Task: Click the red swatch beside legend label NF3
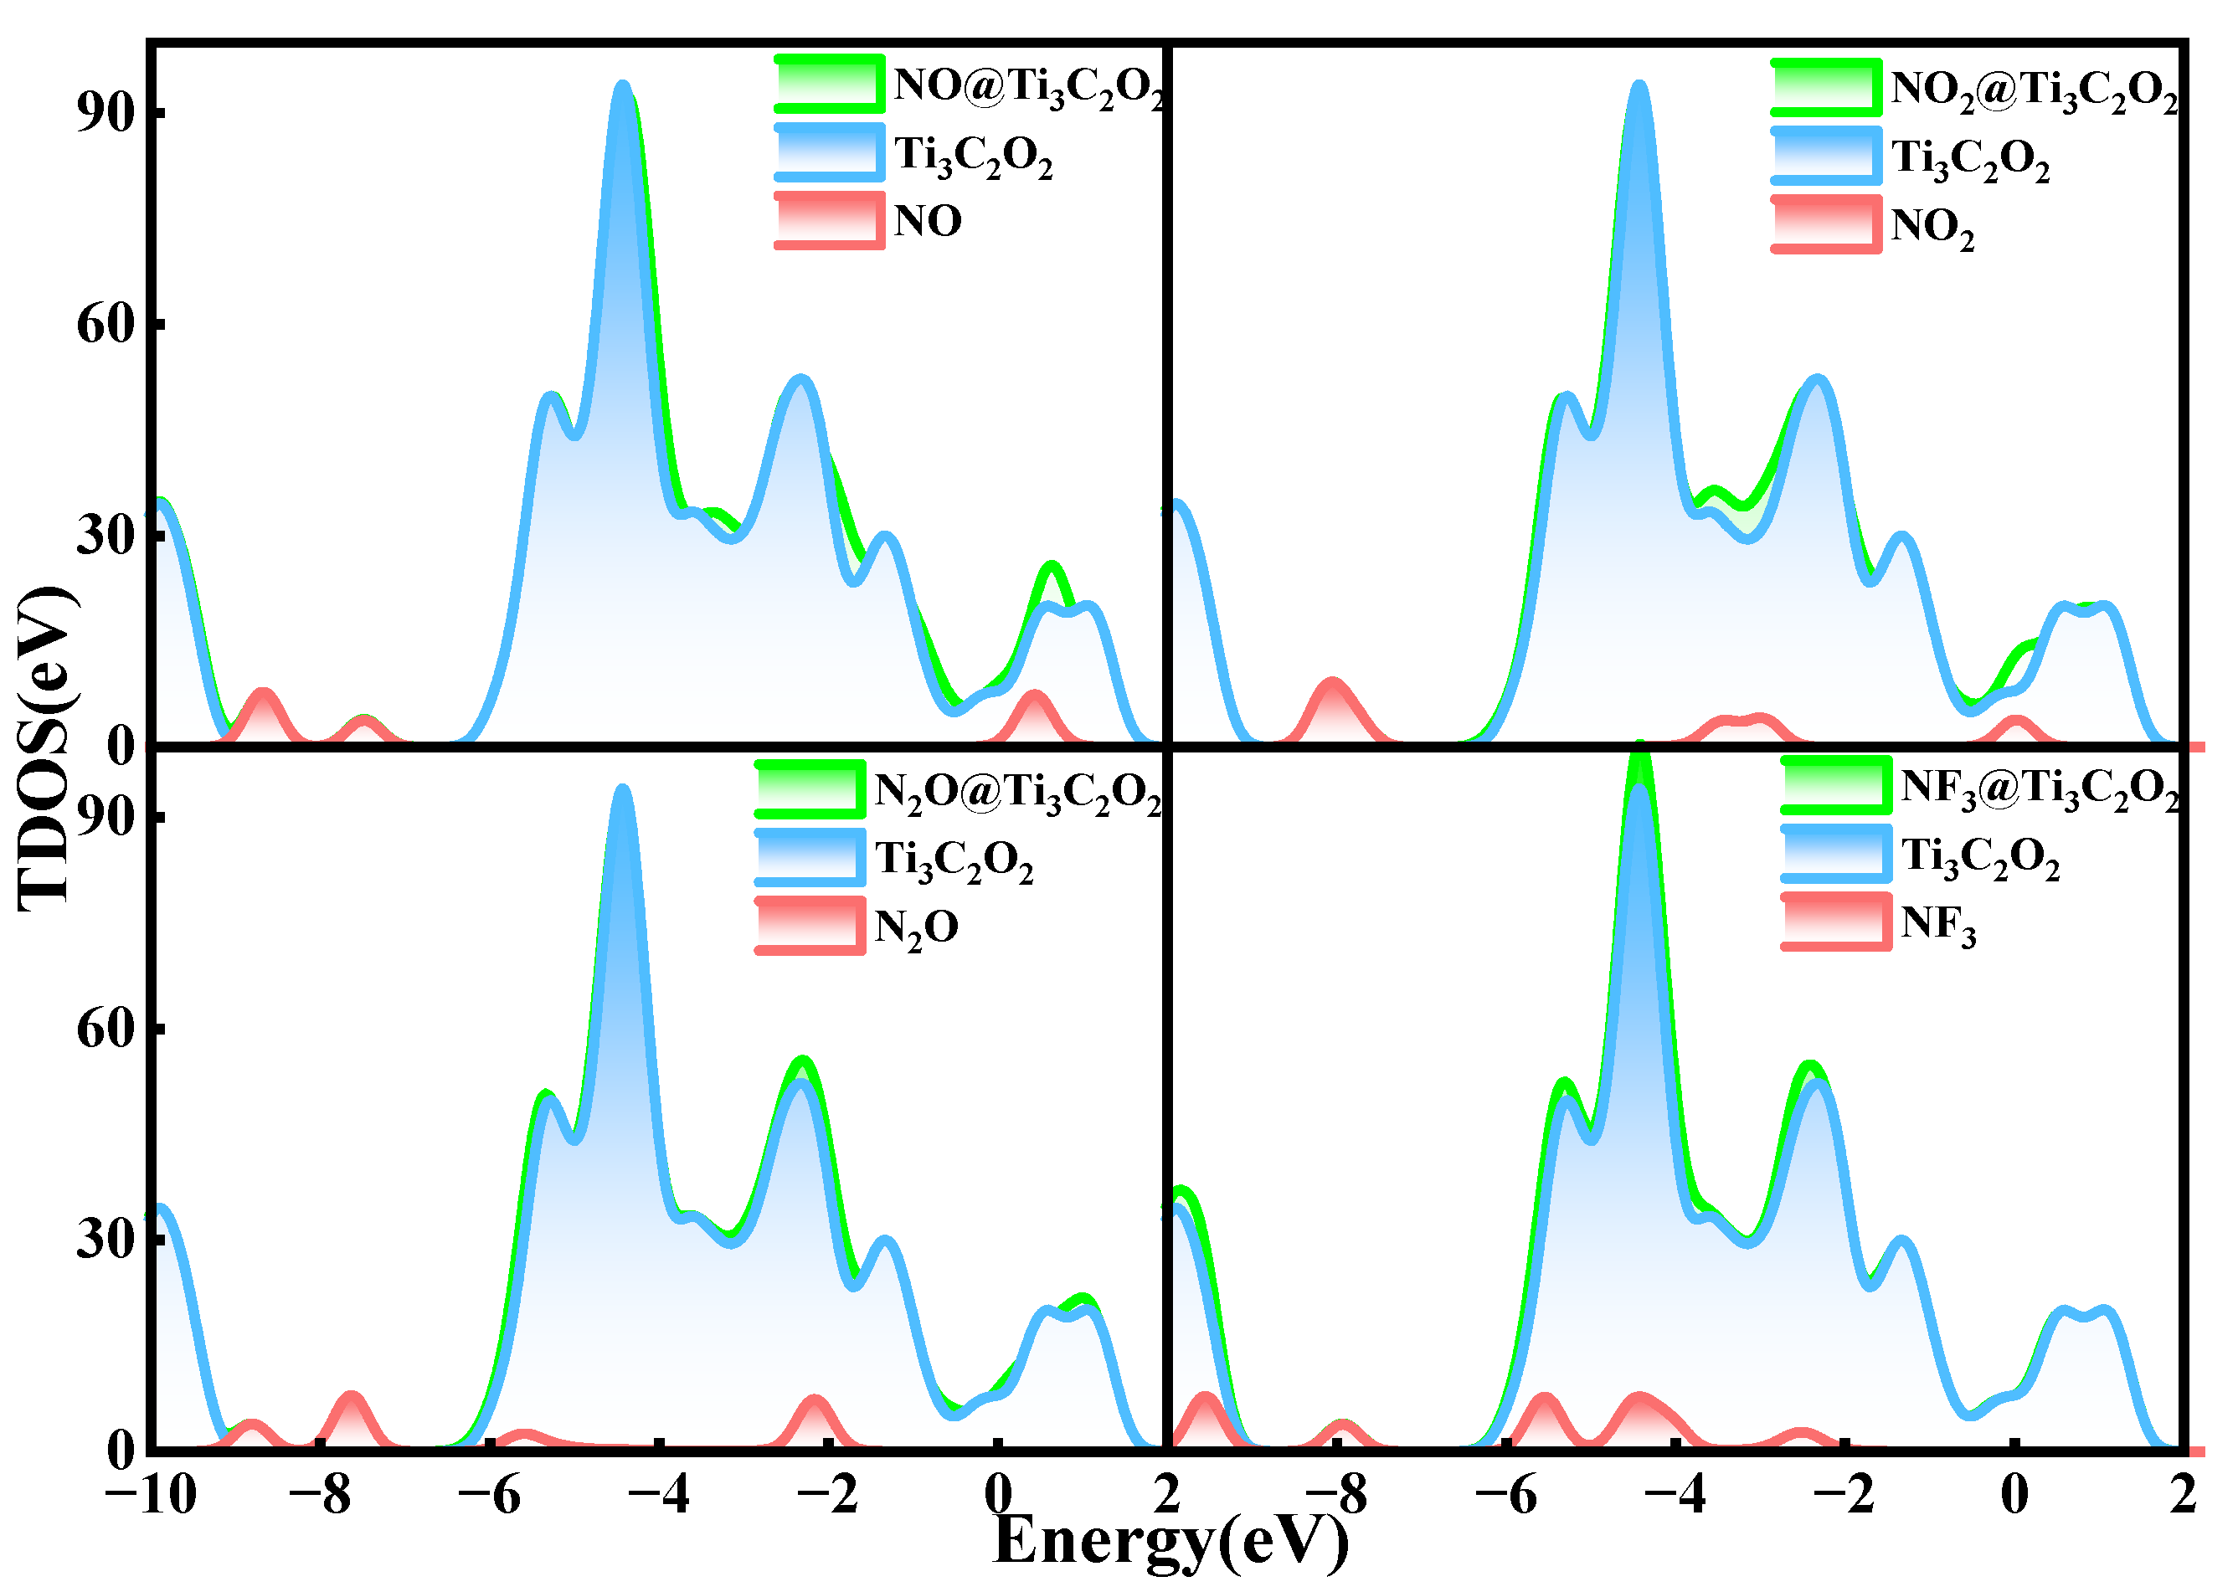[1835, 922]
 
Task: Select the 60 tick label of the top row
[105, 323]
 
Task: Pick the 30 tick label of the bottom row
[105, 1238]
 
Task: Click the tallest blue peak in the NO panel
[621, 88]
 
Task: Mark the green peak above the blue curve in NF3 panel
[1639, 760]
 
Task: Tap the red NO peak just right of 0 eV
[1034, 698]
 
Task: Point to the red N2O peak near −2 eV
[815, 1401]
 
